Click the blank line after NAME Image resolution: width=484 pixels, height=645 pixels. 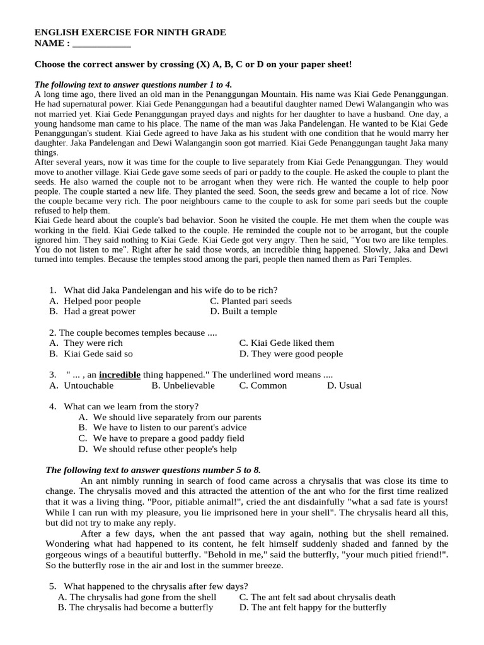pos(101,44)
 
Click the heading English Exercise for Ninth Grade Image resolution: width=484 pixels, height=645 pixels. pos(130,32)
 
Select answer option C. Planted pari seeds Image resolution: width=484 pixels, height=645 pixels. pos(251,301)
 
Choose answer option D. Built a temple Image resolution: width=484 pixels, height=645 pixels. pos(243,311)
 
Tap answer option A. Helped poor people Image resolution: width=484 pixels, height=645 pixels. pos(95,301)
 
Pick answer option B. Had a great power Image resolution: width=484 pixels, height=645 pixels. pos(92,311)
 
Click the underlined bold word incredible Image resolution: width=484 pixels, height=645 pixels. pos(120,375)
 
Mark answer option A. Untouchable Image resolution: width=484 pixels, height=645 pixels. pos(81,385)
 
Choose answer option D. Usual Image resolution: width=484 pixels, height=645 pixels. pos(344,385)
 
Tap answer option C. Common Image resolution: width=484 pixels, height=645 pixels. pos(263,385)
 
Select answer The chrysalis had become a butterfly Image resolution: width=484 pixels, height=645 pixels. pos(135,608)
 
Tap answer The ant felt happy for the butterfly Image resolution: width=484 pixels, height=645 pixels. pos(313,608)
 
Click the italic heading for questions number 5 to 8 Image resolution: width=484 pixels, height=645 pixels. pos(153,470)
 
